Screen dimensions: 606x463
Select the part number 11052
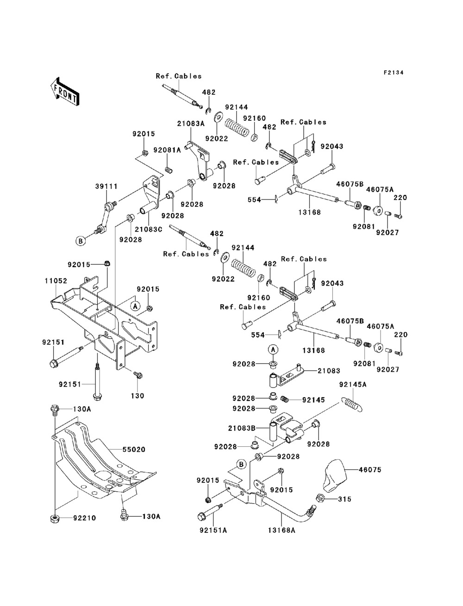click(56, 281)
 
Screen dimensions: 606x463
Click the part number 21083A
click(190, 124)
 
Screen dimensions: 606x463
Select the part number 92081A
click(167, 150)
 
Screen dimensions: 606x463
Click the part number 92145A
click(352, 384)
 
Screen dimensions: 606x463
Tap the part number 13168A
click(281, 531)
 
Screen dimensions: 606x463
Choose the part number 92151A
click(213, 531)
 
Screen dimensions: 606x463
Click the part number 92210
click(83, 518)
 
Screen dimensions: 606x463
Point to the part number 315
click(345, 499)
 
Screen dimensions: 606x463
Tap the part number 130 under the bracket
click(138, 396)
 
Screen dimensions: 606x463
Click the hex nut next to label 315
click(319, 498)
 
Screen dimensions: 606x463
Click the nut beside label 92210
click(55, 518)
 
